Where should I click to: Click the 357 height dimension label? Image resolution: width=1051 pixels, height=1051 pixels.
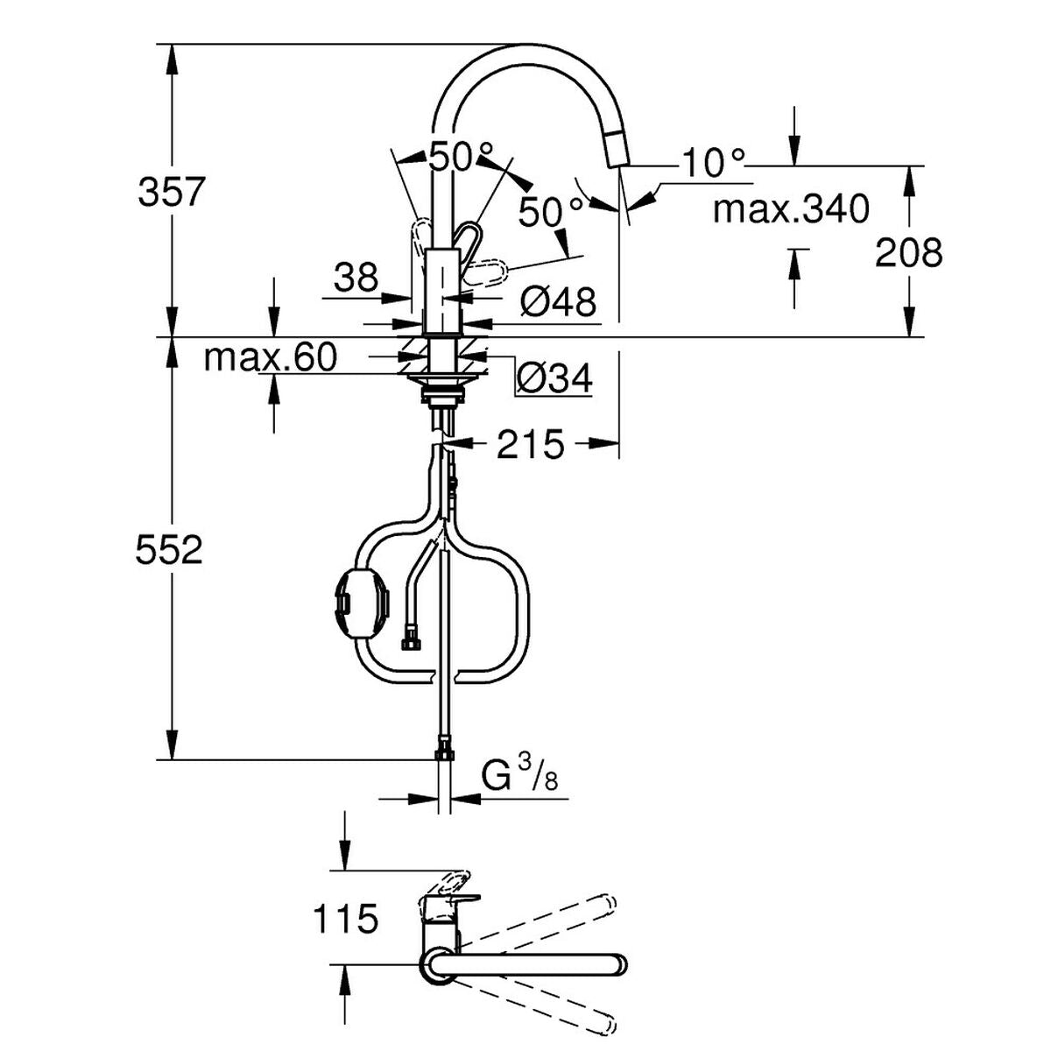[x=172, y=192]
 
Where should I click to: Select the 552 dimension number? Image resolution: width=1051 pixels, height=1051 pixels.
[x=170, y=551]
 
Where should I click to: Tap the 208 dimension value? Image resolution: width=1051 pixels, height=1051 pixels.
[x=910, y=253]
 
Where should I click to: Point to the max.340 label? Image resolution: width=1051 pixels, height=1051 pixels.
[x=790, y=210]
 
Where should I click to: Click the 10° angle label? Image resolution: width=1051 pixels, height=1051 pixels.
[x=714, y=163]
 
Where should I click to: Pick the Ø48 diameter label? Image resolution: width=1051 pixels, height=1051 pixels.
[x=558, y=303]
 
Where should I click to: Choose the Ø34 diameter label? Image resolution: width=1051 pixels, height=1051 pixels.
[x=554, y=379]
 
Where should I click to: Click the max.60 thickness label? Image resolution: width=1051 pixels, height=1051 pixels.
[x=270, y=357]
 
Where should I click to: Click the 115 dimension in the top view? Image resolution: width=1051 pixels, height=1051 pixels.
[x=345, y=920]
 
